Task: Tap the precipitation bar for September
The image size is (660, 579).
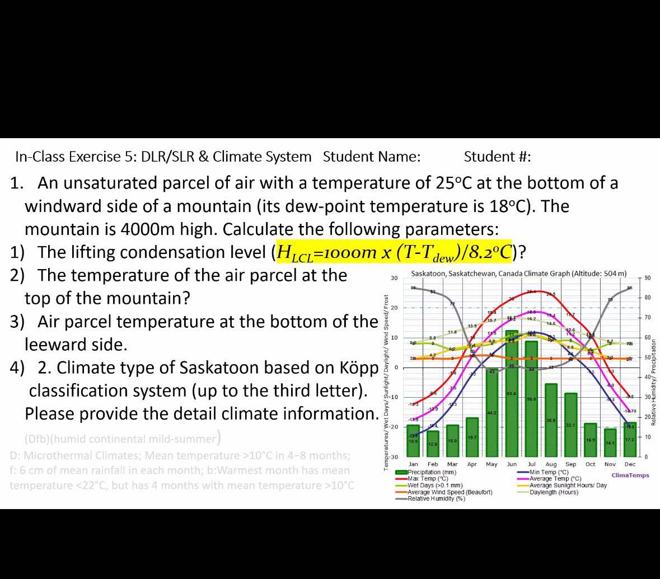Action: point(570,425)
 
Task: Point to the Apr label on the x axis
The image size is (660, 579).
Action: point(472,464)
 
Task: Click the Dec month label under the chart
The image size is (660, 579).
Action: point(630,464)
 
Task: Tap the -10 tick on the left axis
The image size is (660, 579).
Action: point(393,397)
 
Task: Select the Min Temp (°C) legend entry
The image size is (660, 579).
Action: point(549,472)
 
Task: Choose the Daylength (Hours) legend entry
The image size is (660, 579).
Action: point(554,492)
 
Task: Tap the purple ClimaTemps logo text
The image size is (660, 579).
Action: point(630,476)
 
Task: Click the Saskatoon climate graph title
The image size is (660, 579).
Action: point(518,274)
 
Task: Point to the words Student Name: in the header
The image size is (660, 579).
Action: point(372,157)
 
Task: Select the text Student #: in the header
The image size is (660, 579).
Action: point(497,157)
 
